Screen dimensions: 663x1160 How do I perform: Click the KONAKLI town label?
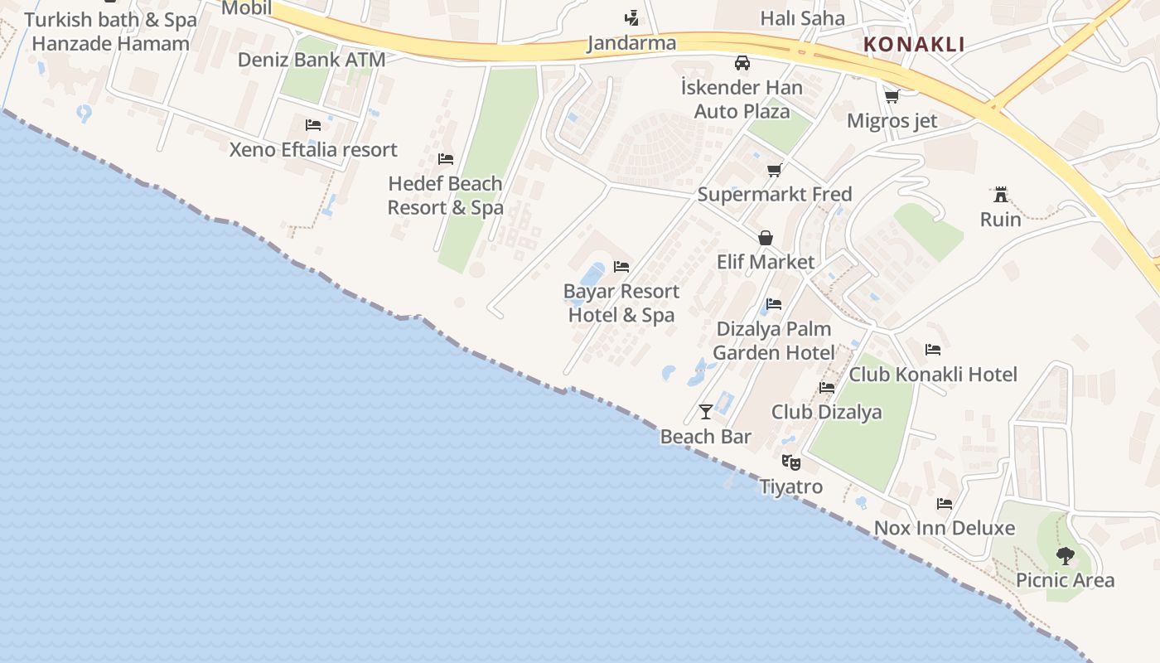click(x=914, y=44)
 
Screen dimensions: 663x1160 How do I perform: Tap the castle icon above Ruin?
click(x=1001, y=196)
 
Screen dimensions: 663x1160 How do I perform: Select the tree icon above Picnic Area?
click(x=1066, y=556)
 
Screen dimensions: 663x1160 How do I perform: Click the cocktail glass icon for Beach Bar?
click(x=706, y=412)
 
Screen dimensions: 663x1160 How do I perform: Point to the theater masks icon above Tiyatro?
click(x=791, y=462)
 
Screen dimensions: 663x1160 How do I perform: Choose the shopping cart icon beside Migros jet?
click(x=892, y=97)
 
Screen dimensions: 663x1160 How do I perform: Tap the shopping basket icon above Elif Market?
click(x=766, y=238)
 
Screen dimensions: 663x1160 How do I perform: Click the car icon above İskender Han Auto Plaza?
click(x=742, y=63)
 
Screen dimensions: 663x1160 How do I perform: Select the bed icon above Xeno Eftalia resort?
click(x=313, y=125)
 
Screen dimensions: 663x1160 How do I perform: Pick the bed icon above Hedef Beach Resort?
click(x=446, y=159)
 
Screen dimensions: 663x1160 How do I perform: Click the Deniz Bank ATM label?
click(x=312, y=60)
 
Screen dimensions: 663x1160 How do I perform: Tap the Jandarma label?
click(x=631, y=43)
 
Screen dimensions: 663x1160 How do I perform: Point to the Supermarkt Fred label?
click(x=774, y=195)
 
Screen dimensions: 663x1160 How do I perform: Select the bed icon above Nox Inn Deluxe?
click(x=944, y=504)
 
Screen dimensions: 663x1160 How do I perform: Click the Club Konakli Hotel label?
click(x=933, y=375)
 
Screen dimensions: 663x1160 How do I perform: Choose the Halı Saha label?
click(x=802, y=18)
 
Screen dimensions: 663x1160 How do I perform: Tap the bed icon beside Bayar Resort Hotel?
click(x=621, y=267)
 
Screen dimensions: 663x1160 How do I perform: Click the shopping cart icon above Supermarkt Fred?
click(x=774, y=171)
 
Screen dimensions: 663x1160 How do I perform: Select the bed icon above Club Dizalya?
click(x=827, y=388)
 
